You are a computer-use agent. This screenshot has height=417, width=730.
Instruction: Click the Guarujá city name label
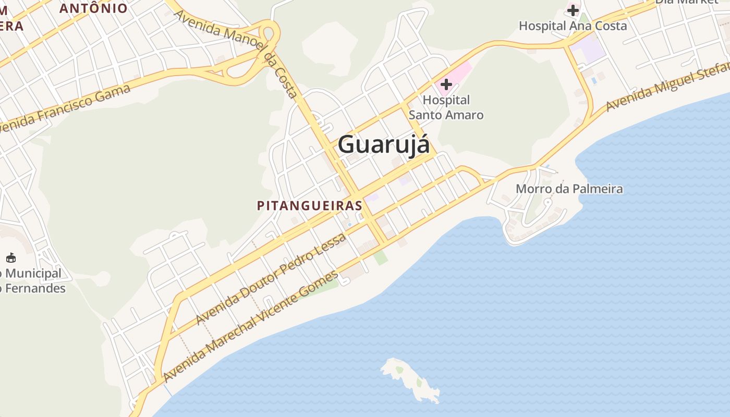click(x=384, y=144)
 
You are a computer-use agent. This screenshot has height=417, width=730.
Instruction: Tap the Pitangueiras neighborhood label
click(x=309, y=205)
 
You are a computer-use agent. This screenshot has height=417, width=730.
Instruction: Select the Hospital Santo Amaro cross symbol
click(x=446, y=84)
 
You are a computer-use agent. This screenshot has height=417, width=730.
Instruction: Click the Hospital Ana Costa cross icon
click(x=573, y=10)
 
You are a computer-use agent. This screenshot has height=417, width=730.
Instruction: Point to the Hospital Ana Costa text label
click(x=573, y=25)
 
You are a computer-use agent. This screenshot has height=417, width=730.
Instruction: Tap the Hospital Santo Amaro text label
click(x=446, y=107)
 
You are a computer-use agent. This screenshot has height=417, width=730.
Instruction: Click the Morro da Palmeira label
click(x=569, y=189)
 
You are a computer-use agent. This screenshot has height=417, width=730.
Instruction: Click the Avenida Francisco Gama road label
click(x=65, y=108)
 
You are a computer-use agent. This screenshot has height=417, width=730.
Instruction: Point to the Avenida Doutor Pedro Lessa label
click(x=271, y=279)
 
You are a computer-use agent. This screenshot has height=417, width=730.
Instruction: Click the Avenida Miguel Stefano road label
click(x=667, y=87)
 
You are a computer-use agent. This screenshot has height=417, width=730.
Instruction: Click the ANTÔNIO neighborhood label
click(x=93, y=8)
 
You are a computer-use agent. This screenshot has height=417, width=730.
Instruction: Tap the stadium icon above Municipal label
click(x=11, y=257)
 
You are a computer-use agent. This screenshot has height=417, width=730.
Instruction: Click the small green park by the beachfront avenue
click(x=381, y=257)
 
